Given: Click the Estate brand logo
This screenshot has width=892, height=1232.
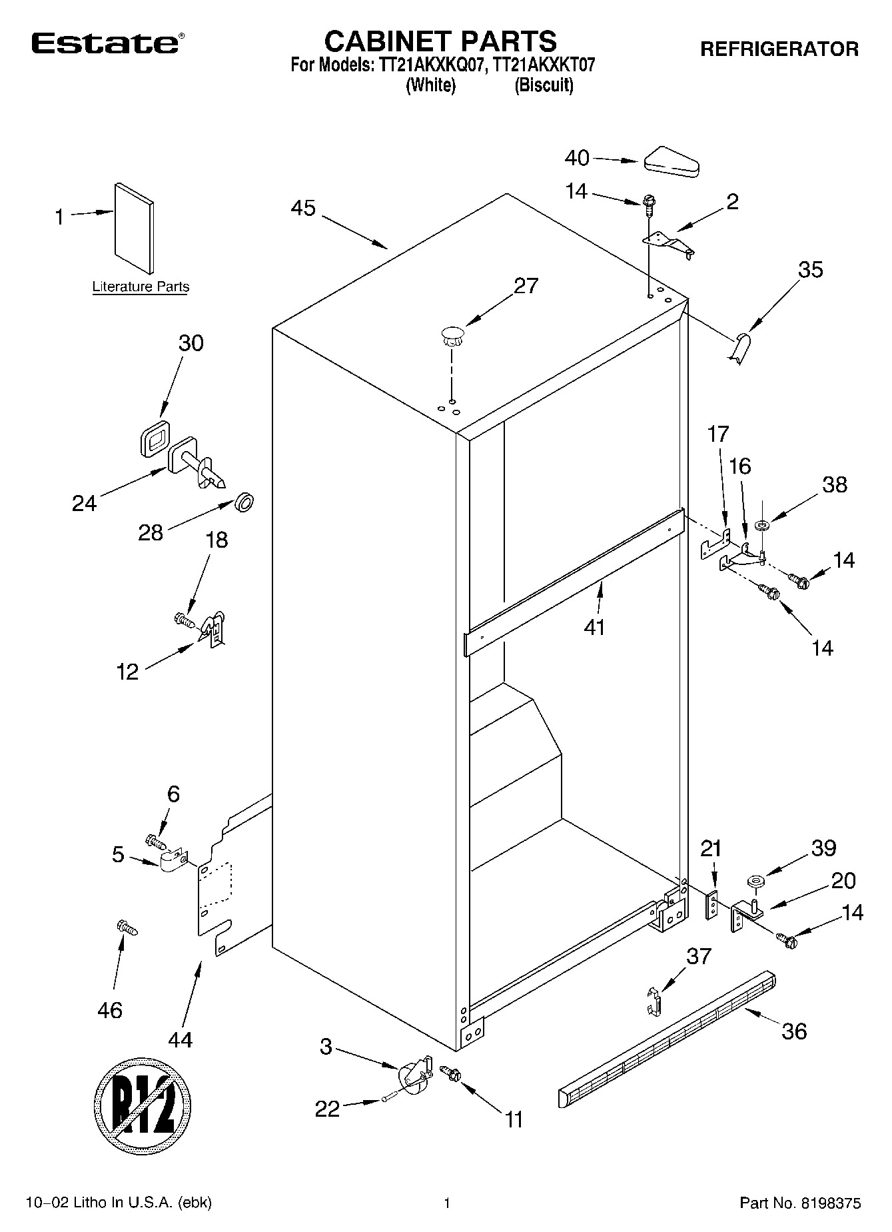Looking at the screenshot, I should [x=105, y=44].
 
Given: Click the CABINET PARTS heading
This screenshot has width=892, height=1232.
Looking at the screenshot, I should [x=440, y=41].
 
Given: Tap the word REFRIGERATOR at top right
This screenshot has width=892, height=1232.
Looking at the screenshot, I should [x=779, y=49].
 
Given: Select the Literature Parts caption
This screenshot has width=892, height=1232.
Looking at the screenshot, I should [x=141, y=287].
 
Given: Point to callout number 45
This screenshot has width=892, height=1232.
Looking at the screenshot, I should [x=303, y=208].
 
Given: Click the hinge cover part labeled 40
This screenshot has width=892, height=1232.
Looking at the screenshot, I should [x=671, y=162].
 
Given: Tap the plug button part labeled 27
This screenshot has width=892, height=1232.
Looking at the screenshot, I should [x=451, y=334].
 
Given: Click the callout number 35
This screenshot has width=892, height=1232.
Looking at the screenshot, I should [x=810, y=270].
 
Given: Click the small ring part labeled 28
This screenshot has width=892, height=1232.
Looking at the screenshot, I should [x=245, y=502].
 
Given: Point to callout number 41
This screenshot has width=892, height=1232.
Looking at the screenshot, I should [x=594, y=627].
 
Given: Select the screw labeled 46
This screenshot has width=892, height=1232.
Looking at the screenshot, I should [x=127, y=927].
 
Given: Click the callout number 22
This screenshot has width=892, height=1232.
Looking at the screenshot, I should [x=327, y=1109].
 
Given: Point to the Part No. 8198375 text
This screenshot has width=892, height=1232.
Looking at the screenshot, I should [x=800, y=1203].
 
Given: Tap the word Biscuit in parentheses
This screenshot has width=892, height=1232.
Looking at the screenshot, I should [x=544, y=85].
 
